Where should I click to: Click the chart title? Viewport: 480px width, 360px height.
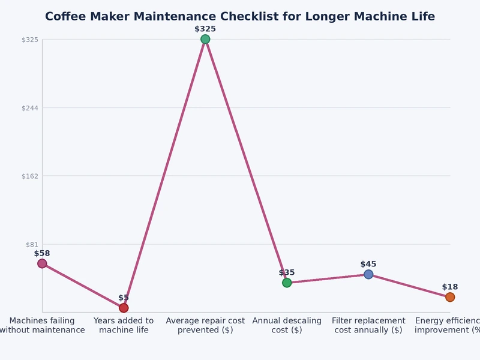240,16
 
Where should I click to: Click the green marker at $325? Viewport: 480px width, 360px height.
205,39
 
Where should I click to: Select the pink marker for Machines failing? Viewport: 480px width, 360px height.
42,263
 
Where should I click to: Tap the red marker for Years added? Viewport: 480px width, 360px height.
124,308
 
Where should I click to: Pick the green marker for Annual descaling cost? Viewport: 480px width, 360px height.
287,283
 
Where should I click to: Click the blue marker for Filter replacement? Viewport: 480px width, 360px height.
368,274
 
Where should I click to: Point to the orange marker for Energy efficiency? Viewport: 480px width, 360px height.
450,297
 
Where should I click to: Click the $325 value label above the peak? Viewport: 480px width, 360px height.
205,29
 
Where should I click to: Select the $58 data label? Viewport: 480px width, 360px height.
42,253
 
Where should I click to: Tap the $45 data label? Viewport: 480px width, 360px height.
368,264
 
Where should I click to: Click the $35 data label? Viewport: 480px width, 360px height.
287,272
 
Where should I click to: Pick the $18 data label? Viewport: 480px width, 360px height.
450,287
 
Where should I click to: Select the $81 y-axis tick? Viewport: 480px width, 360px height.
31,244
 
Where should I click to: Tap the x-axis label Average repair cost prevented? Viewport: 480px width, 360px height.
205,325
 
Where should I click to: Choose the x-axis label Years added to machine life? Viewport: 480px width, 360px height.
124,325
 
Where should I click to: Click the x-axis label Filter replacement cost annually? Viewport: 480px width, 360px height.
368,325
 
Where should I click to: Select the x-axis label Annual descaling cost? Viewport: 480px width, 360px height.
287,325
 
